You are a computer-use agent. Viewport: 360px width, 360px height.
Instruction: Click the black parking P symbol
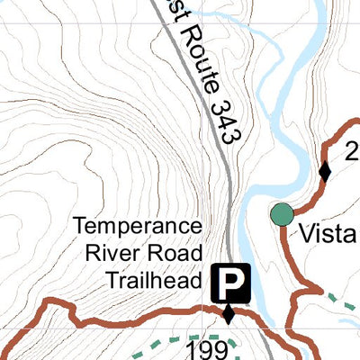[231, 284]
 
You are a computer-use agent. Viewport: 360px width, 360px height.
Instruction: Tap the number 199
[205, 347]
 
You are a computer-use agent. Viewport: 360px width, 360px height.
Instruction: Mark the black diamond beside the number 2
[325, 171]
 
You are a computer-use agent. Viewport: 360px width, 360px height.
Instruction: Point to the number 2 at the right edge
[352, 149]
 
